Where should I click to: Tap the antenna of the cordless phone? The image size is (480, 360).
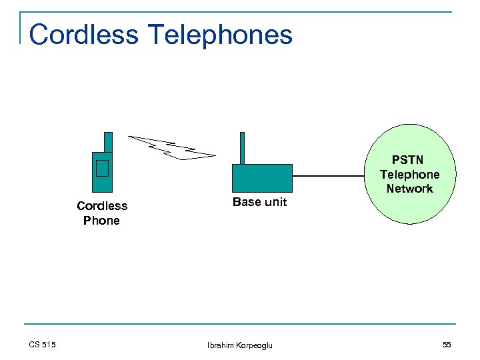click(108, 141)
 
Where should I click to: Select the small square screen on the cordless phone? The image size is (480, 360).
click(102, 168)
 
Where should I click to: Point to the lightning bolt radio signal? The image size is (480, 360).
click(172, 147)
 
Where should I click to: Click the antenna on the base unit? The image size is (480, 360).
click(242, 147)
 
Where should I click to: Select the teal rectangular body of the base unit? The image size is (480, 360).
click(262, 178)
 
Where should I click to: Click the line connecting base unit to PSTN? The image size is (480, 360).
click(329, 177)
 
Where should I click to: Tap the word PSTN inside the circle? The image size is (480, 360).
click(407, 160)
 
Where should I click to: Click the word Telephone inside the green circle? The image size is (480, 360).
click(409, 175)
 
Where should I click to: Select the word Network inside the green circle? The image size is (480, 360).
click(409, 189)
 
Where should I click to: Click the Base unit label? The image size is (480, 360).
click(259, 202)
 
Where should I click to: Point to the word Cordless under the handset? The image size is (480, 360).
click(102, 206)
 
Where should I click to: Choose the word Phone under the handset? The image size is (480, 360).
click(102, 221)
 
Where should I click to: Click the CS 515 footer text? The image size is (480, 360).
click(43, 345)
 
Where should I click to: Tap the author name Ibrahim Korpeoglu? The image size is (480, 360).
click(239, 345)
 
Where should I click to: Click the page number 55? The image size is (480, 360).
click(446, 345)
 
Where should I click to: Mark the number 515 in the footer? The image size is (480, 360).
click(49, 345)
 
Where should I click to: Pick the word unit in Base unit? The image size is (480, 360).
click(275, 202)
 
